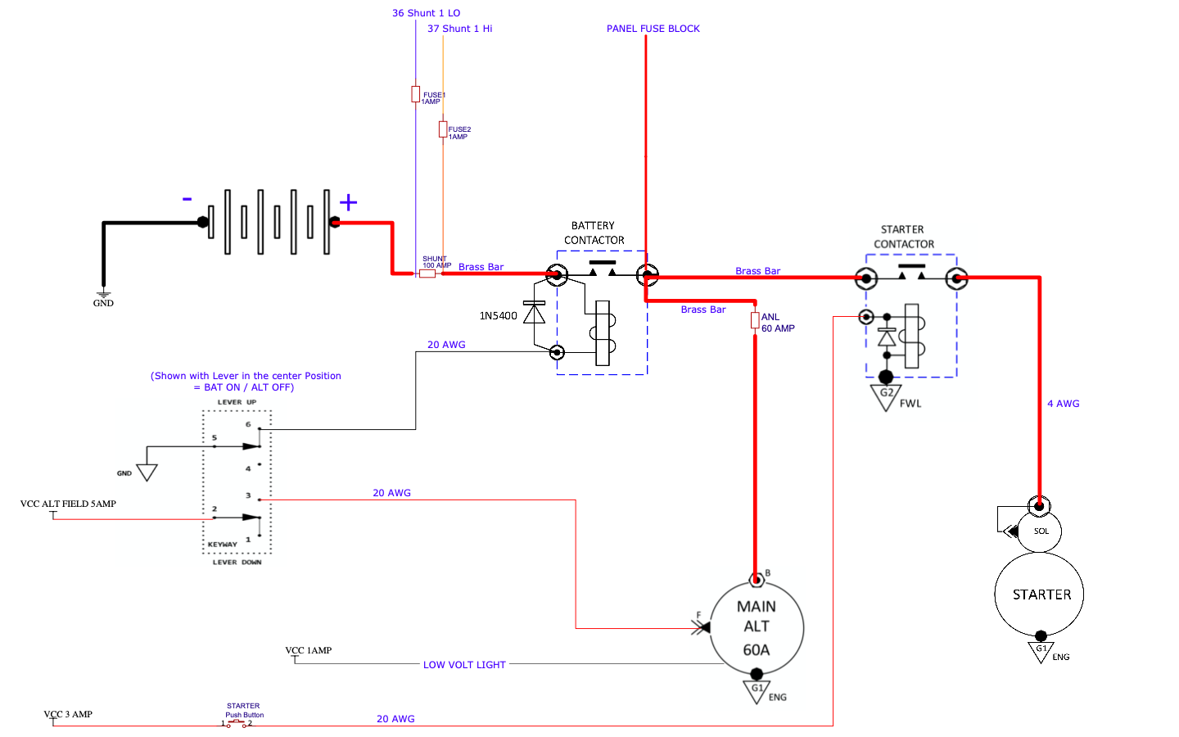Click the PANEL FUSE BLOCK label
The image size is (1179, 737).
click(x=653, y=29)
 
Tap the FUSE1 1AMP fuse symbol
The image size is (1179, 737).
click(x=415, y=94)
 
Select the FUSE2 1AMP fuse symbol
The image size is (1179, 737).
click(x=443, y=129)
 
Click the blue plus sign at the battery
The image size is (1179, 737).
click(x=349, y=202)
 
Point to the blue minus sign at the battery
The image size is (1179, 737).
click(x=187, y=199)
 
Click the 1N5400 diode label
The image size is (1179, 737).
click(x=498, y=316)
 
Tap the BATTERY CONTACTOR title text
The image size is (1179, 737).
click(x=594, y=233)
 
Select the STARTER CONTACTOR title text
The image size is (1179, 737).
click(x=904, y=237)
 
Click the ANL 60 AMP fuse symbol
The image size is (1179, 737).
click(x=755, y=320)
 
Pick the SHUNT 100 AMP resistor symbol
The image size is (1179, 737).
click(x=427, y=274)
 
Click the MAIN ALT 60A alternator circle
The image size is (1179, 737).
click(x=757, y=627)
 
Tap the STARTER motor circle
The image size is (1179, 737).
click(x=1039, y=594)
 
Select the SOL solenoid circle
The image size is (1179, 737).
click(x=1039, y=531)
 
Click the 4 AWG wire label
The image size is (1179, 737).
click(x=1064, y=404)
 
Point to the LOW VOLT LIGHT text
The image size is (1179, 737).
click(x=464, y=665)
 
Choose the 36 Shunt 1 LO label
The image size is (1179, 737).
click(x=426, y=13)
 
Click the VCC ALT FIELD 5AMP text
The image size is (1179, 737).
click(x=68, y=504)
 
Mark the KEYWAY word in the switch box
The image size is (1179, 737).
click(x=222, y=545)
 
